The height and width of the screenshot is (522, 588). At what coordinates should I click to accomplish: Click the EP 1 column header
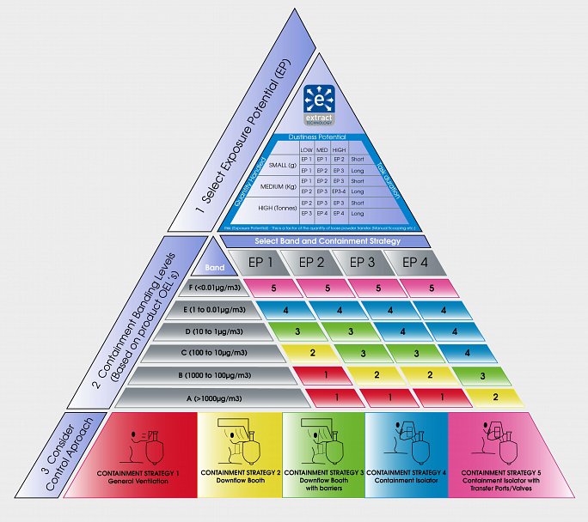(262, 263)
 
